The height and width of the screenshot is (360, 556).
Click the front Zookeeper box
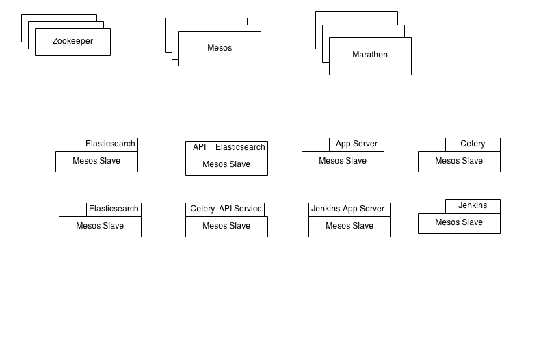coord(72,42)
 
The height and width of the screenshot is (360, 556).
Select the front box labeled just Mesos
coord(220,49)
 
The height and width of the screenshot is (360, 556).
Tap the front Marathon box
coord(370,55)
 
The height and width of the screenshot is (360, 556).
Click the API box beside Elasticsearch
coord(199,148)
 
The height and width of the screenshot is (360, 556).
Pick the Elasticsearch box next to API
coord(240,148)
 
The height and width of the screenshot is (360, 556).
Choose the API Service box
coord(241,209)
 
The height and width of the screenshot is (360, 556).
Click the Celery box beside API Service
coord(202,209)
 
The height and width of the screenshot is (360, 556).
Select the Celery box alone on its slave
coord(473,144)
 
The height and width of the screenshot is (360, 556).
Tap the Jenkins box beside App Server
coord(325,209)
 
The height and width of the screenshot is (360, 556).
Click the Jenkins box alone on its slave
coord(473,206)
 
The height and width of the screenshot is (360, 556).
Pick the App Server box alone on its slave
coord(356,144)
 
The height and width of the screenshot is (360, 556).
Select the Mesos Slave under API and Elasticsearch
coord(226,165)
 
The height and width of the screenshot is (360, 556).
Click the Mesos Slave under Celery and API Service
coord(226,227)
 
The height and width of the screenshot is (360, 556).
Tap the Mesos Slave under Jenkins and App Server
coord(349,227)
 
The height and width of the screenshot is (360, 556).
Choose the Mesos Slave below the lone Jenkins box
coord(459,223)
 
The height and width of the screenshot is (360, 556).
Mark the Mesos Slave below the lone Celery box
coord(459,162)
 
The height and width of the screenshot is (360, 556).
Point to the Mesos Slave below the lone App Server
coord(343,162)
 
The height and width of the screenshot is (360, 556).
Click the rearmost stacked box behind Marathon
coord(356,18)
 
